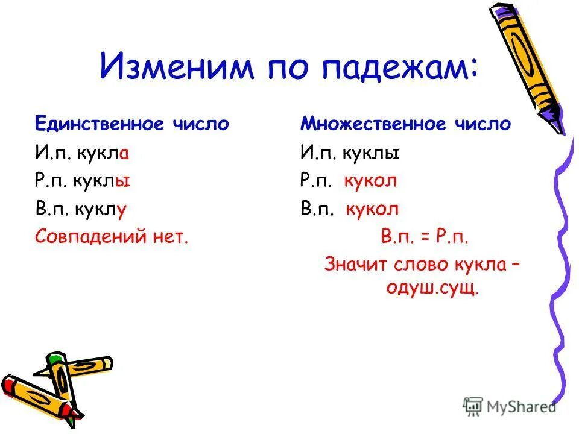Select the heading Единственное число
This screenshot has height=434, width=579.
click(x=131, y=124)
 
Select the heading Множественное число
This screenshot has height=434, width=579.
click(x=406, y=124)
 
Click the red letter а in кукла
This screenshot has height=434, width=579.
click(x=124, y=153)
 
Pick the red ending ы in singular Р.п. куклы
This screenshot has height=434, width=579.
click(x=125, y=181)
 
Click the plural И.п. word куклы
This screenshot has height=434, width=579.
click(x=371, y=153)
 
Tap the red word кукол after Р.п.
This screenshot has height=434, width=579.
click(x=371, y=181)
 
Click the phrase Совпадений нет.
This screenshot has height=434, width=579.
click(x=112, y=236)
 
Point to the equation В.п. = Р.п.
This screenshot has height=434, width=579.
click(x=425, y=236)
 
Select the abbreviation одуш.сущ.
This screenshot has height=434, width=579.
click(x=432, y=289)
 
